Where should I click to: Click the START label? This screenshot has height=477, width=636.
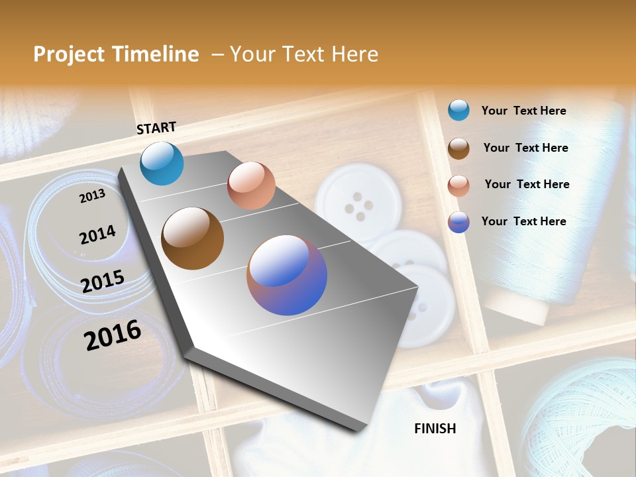click(156, 128)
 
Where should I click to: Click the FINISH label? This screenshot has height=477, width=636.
click(435, 429)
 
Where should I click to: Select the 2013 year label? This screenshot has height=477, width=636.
click(92, 195)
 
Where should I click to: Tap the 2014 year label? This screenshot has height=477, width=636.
click(97, 235)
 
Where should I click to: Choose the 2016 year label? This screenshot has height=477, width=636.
click(113, 335)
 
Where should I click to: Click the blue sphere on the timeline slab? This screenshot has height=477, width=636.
click(162, 163)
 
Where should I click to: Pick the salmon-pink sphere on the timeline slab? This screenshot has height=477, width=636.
click(251, 185)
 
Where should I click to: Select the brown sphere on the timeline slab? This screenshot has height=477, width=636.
click(192, 238)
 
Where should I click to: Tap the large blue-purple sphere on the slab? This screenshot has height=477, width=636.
click(287, 275)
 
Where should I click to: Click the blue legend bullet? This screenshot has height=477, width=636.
click(458, 110)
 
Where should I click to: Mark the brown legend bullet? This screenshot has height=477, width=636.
click(458, 148)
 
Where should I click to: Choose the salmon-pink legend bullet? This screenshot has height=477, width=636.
click(458, 185)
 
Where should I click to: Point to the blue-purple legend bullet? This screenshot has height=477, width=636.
click(458, 222)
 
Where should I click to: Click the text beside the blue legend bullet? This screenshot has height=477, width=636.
click(523, 111)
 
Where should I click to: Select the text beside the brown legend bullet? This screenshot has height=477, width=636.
click(525, 148)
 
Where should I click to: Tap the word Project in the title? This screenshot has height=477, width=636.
click(69, 54)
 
